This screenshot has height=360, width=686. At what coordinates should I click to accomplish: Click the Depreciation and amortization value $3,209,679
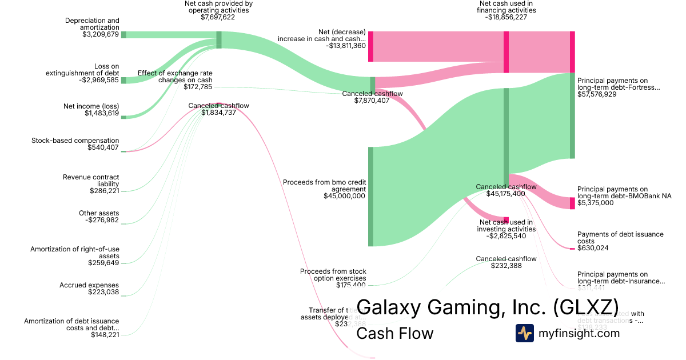[x=101, y=34]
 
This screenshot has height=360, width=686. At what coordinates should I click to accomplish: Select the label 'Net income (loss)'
[x=91, y=106]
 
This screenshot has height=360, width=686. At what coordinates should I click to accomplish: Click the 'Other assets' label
[x=99, y=213]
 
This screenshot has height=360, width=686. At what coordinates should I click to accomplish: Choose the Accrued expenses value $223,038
[x=103, y=292]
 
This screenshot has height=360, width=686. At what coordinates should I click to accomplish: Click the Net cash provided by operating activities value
[x=218, y=18]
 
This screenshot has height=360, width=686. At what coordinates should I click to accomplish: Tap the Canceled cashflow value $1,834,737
[x=218, y=113]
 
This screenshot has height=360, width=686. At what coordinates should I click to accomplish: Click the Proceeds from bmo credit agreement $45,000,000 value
[x=344, y=196]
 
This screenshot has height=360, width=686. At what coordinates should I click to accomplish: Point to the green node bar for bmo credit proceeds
[x=370, y=197]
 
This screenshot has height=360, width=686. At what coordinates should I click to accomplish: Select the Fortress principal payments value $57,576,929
[x=605, y=94]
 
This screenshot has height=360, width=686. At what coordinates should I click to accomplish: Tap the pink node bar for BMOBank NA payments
[x=572, y=203]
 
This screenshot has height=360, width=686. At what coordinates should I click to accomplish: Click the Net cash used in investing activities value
[x=506, y=236]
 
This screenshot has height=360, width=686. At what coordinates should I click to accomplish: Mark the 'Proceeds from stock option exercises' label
[x=333, y=275]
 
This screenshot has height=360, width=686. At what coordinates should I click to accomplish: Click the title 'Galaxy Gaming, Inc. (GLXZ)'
[x=487, y=307]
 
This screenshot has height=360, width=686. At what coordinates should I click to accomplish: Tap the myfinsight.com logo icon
[x=525, y=333]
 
